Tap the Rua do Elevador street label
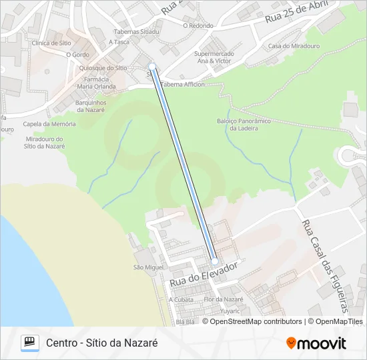tap(204, 274)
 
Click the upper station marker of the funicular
tap(153, 67)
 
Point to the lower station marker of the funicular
tap(214, 261)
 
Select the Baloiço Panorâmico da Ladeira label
tap(244, 124)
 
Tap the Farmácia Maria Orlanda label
tap(97, 83)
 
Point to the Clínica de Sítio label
tap(51, 43)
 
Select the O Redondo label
tap(198, 26)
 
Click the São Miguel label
tap(148, 267)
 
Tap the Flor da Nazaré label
tap(224, 299)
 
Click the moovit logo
tap(316, 343)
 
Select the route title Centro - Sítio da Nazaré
tap(101, 343)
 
